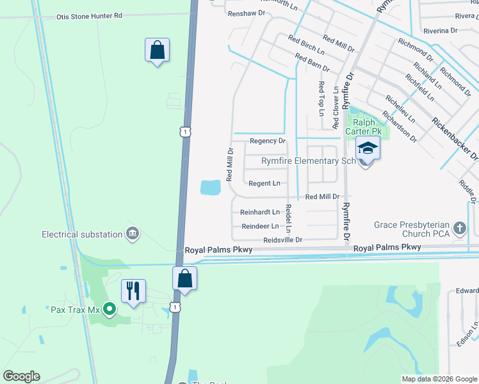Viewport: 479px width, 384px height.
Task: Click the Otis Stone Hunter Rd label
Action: (88, 16)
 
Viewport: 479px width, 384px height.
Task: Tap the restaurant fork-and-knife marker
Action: (133, 292)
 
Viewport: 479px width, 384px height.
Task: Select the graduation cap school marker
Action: (368, 149)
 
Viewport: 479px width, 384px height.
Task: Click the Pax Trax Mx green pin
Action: (110, 309)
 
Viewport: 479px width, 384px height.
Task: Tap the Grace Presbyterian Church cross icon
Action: (459, 228)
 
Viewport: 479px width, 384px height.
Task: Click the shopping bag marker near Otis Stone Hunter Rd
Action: (157, 50)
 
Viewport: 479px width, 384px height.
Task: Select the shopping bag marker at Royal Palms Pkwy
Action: (184, 278)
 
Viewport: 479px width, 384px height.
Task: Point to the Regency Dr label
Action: (267, 141)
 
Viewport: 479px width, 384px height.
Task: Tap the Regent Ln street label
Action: (264, 184)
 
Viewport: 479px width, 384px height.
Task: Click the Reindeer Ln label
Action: (260, 226)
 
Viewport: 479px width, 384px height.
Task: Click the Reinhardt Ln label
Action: (260, 212)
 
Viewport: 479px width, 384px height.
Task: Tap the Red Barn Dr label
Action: (312, 63)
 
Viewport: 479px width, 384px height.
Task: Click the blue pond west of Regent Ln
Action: (210, 188)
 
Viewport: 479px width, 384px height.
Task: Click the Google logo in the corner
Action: (21, 376)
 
